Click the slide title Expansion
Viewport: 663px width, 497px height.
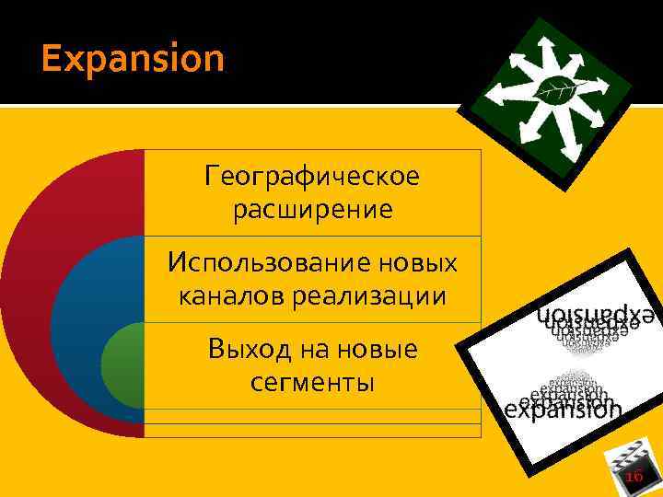click(133, 60)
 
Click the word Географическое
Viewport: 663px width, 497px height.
click(312, 175)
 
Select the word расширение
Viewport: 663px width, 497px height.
click(312, 210)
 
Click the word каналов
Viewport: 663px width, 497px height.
click(220, 296)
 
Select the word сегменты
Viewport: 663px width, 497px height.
click(312, 382)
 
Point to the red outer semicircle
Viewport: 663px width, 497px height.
click(37, 276)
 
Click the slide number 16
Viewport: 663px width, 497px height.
click(634, 476)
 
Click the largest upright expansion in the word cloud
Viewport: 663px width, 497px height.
click(564, 410)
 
